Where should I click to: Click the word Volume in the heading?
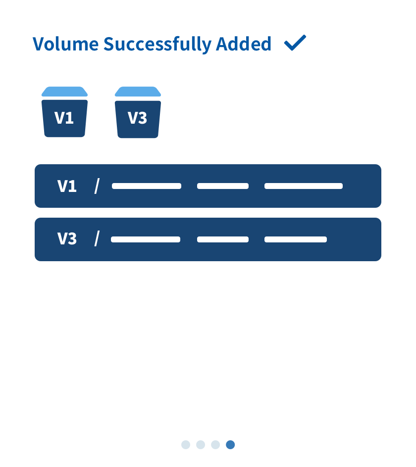tap(65, 44)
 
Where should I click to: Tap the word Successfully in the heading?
tap(157, 45)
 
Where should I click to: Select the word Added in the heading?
tap(244, 44)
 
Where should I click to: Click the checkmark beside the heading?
tap(295, 43)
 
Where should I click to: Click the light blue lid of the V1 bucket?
tap(64, 92)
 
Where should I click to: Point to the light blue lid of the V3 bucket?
tap(138, 92)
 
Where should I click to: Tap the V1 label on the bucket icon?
tap(64, 118)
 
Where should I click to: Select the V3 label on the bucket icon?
tap(137, 118)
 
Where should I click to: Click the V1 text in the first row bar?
tap(67, 186)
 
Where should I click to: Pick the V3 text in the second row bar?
tap(67, 238)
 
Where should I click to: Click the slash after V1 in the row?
tap(97, 186)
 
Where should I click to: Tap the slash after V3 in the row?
tap(97, 238)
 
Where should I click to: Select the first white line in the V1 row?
tap(147, 186)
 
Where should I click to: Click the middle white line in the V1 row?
tap(223, 186)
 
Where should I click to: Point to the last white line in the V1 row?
tap(304, 186)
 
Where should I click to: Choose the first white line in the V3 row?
tap(146, 239)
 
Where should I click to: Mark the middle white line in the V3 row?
tap(223, 239)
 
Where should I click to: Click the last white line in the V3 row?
tap(296, 239)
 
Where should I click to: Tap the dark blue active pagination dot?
tap(230, 445)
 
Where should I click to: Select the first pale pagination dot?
tap(186, 445)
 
